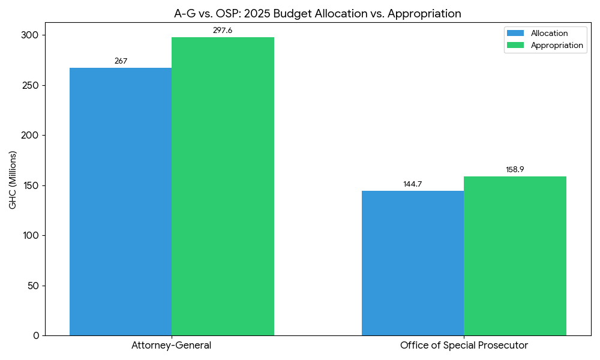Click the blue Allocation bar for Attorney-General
(x=121, y=202)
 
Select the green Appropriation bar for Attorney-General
(x=223, y=186)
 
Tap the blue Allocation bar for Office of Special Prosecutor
(x=413, y=263)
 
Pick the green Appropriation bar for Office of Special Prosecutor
(x=515, y=256)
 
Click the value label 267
(x=121, y=61)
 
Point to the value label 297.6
(x=223, y=31)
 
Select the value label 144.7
(x=413, y=184)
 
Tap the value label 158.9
(x=515, y=170)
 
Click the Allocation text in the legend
(x=549, y=33)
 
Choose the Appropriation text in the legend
(x=557, y=45)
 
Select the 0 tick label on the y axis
(x=36, y=335)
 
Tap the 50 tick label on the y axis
(x=33, y=286)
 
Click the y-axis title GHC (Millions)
(x=13, y=180)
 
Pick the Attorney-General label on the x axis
(x=172, y=346)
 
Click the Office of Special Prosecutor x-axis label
(x=464, y=346)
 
